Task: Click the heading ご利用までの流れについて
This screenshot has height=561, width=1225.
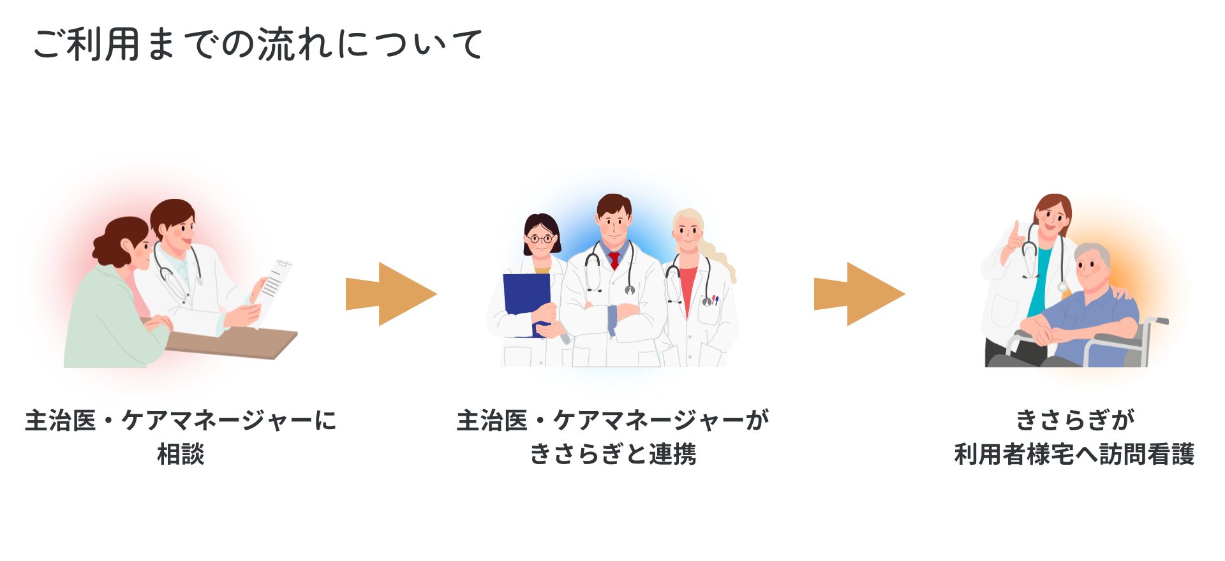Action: click(258, 44)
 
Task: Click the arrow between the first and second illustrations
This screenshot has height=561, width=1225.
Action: click(391, 294)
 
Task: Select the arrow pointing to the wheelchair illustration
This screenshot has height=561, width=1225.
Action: click(859, 294)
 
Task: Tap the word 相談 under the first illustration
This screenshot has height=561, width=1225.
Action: click(181, 454)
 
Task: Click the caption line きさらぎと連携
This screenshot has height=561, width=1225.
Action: click(612, 454)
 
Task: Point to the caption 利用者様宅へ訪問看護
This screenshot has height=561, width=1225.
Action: click(1074, 454)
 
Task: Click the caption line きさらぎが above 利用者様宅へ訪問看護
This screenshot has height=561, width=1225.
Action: click(1074, 420)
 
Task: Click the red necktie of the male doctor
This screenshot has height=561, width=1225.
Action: click(614, 259)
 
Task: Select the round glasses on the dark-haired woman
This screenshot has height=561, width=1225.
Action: click(540, 239)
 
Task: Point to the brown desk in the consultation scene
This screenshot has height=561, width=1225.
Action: click(230, 342)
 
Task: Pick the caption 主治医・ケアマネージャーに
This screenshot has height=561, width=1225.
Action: click(181, 420)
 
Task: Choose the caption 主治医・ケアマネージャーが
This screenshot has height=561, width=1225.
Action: click(612, 420)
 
